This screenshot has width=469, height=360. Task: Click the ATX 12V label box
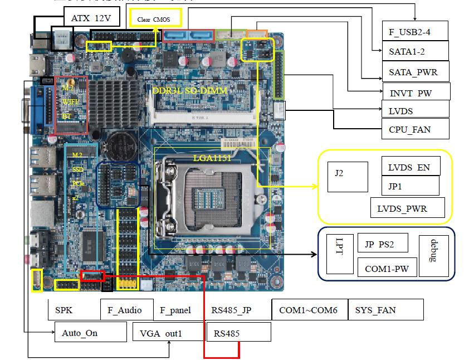click(91, 18)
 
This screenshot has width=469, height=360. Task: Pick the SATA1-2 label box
click(414, 51)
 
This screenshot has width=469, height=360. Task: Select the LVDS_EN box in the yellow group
click(409, 167)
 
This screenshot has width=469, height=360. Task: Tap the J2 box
click(347, 177)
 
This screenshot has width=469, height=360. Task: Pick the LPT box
click(340, 254)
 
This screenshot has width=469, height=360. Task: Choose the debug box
click(433, 254)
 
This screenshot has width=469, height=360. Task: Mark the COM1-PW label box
click(387, 268)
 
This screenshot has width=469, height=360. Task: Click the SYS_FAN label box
click(385, 309)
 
